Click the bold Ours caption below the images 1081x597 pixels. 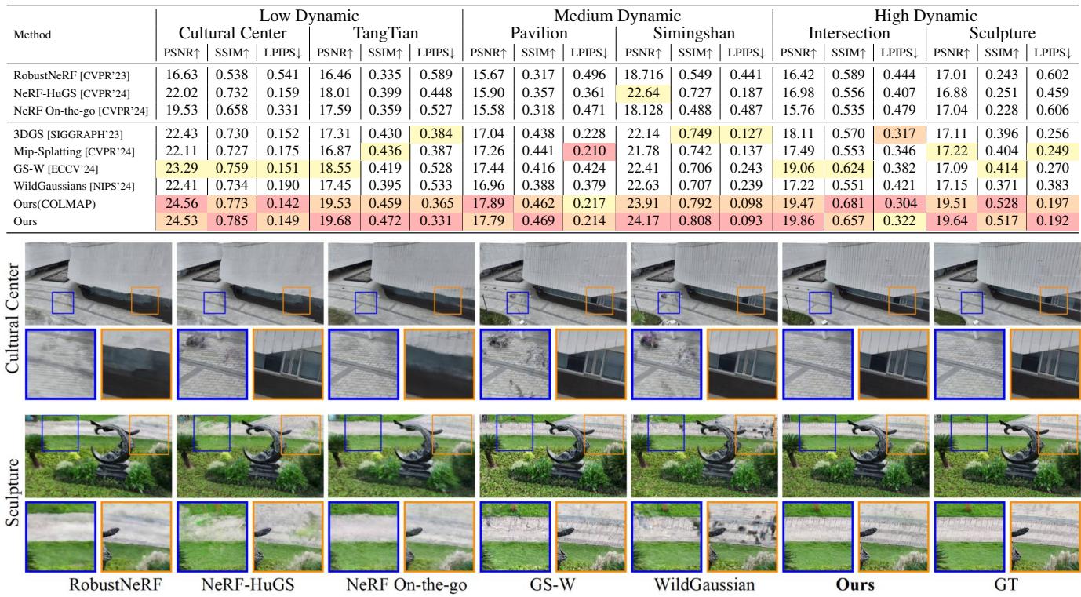coord(855,584)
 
